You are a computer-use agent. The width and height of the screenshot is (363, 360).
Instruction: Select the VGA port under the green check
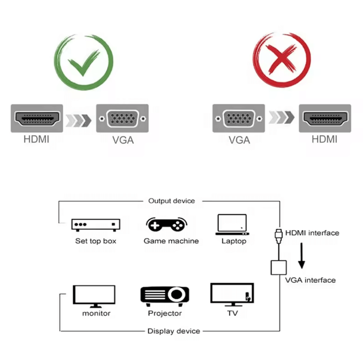pos(122,119)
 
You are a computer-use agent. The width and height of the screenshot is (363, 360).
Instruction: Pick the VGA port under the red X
pos(238,119)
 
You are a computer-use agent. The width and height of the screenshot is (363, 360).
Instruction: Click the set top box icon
pos(96,225)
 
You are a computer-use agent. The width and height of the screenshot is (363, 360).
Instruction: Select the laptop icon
pos(232,225)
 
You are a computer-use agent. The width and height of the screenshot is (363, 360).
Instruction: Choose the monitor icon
pos(94,295)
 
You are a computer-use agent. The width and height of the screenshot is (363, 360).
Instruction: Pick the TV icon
pos(232,295)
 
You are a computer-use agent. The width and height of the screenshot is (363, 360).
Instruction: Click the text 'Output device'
pos(172,201)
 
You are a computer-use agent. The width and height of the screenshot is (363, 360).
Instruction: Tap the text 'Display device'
pos(174,331)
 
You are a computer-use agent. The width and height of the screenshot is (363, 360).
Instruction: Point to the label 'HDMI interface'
pos(312,233)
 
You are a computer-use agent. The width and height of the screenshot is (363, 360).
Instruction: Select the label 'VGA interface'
pos(310,280)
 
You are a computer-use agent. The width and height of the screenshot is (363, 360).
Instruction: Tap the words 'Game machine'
pos(171,241)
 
